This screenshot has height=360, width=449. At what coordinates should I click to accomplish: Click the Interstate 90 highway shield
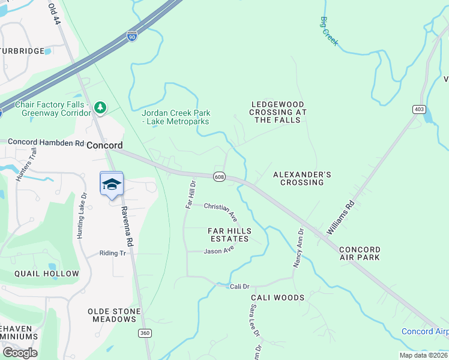(132, 36)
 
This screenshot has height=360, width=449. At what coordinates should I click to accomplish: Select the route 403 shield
(418, 109)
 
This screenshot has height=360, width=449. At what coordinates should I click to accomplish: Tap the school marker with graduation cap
(111, 184)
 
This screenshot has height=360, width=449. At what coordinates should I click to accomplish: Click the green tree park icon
(101, 107)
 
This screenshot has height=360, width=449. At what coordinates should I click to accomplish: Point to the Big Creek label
(328, 31)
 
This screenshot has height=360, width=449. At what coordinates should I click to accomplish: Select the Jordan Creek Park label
(175, 117)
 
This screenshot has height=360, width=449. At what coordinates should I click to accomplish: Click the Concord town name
(104, 145)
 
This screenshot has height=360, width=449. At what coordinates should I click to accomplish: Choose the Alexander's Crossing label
(302, 178)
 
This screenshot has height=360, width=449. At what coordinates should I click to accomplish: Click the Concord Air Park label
(360, 253)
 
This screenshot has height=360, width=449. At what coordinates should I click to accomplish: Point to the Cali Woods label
(277, 298)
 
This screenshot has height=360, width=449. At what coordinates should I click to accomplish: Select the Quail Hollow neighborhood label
(47, 274)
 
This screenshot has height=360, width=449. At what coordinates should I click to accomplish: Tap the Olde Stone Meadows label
(114, 315)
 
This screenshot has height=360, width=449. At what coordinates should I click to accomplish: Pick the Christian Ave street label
(220, 211)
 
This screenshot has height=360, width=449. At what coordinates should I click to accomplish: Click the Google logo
(20, 352)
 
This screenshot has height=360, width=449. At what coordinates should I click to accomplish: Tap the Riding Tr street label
(112, 253)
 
